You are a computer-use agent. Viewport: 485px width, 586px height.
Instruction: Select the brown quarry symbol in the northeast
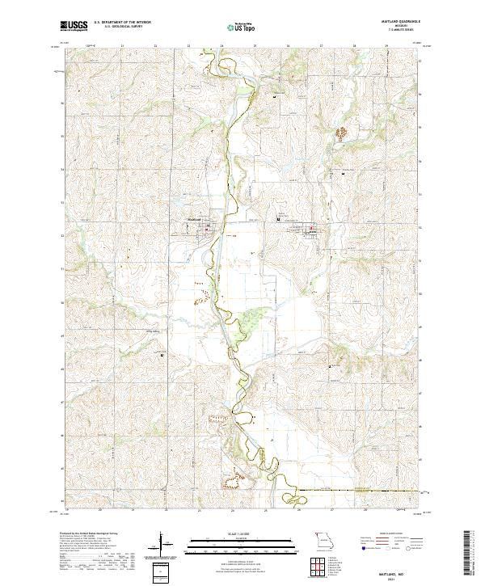click(x=343, y=132)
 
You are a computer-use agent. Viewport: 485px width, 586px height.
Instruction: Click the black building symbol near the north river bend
click(x=275, y=98)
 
